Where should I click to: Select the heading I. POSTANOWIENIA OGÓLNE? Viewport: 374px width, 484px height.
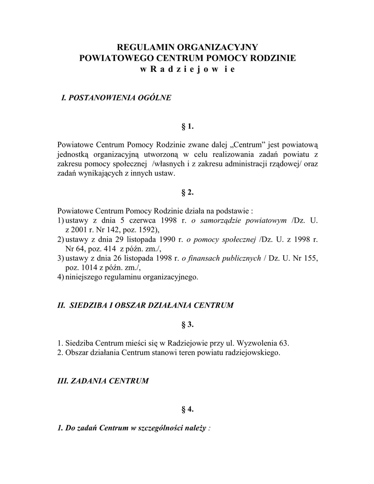(116, 98)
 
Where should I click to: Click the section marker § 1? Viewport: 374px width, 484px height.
(188, 127)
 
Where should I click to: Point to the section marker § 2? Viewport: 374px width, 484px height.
(188, 192)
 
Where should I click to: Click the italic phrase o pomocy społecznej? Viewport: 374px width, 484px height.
(221, 239)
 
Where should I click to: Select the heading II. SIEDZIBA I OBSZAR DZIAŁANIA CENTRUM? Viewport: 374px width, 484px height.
(145, 305)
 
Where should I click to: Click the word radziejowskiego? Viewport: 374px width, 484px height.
(254, 353)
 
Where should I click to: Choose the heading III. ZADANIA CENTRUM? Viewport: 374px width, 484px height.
(103, 380)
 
